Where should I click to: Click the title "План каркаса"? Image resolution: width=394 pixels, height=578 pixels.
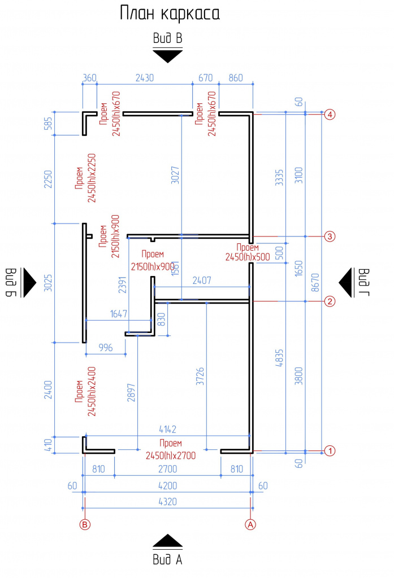pos(170,14)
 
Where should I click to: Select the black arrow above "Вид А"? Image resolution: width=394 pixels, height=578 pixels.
pos(168,540)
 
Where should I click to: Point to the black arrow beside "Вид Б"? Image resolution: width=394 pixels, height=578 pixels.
pos(29,283)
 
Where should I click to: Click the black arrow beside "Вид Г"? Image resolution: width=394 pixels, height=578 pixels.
pos(345,283)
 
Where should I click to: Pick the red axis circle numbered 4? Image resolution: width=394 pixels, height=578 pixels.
pos(330,114)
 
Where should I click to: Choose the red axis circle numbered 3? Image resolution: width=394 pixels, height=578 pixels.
pos(330,237)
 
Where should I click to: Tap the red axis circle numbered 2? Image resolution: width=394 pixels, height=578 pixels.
pos(330,301)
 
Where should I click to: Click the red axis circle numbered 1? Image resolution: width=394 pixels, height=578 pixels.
pos(330,451)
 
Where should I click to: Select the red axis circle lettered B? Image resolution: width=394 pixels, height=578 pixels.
pos(85,524)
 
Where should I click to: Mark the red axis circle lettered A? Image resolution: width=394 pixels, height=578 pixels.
pos(250,524)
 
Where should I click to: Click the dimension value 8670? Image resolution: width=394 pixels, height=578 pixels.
pos(315,282)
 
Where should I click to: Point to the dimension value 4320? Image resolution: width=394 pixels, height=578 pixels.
pos(168,502)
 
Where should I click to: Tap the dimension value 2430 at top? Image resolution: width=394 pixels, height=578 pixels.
pos(144,78)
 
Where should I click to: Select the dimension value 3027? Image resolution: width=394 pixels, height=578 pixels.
pos(175,175)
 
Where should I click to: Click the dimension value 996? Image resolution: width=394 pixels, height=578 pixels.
pos(106,348)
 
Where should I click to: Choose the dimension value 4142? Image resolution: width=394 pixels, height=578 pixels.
pos(168,430)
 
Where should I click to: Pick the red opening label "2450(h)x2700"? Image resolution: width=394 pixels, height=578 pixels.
pos(171,456)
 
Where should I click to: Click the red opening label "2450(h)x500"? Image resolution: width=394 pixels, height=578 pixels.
pos(248,257)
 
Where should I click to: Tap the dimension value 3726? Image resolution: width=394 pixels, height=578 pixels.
pos(200,376)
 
